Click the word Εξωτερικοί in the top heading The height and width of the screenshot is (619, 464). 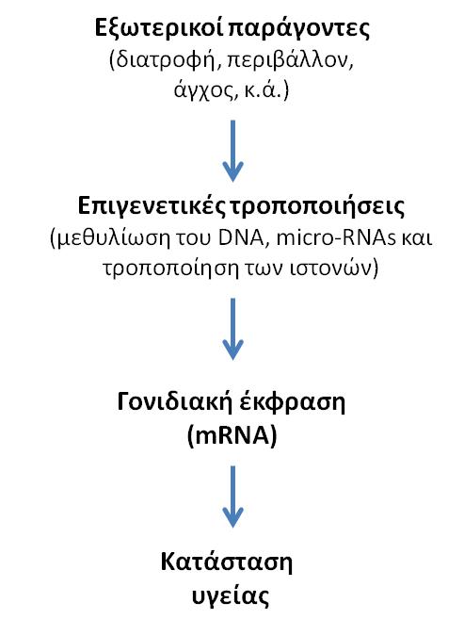(159, 28)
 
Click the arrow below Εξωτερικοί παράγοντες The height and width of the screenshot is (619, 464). (232, 151)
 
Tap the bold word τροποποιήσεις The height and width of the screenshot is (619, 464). (317, 207)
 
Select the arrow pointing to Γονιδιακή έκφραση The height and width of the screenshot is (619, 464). (232, 329)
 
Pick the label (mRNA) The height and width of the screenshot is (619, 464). (232, 435)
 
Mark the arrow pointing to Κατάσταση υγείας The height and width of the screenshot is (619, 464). (232, 497)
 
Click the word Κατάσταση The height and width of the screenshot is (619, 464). (227, 561)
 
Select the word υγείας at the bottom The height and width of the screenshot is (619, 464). (231, 596)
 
